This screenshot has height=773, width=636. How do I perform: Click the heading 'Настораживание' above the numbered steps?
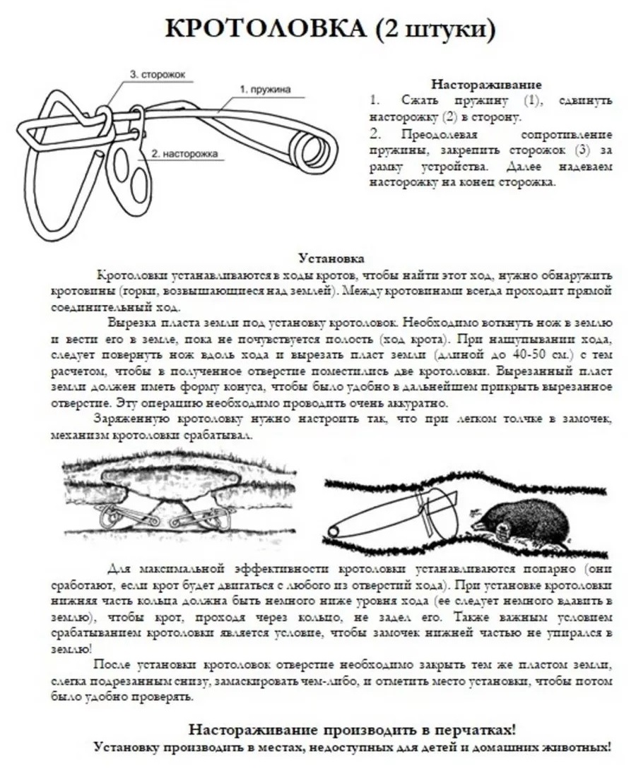(x=487, y=83)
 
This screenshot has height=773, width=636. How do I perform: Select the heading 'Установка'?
(x=331, y=258)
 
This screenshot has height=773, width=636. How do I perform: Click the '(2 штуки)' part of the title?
(x=432, y=29)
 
